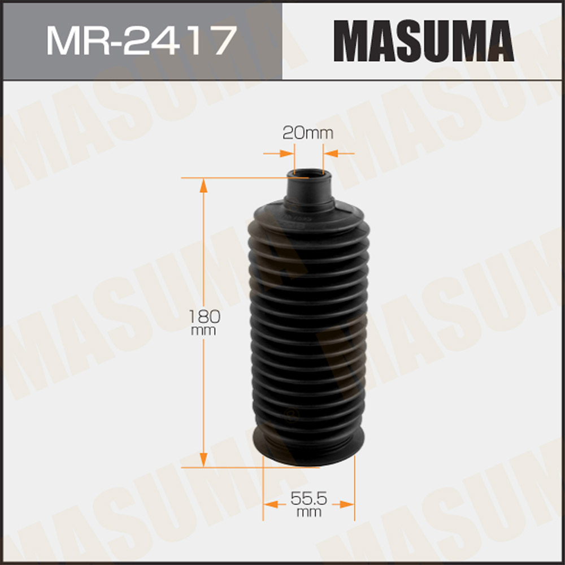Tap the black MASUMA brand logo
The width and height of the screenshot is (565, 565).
[423, 40]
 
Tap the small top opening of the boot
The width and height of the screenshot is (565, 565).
[308, 175]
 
